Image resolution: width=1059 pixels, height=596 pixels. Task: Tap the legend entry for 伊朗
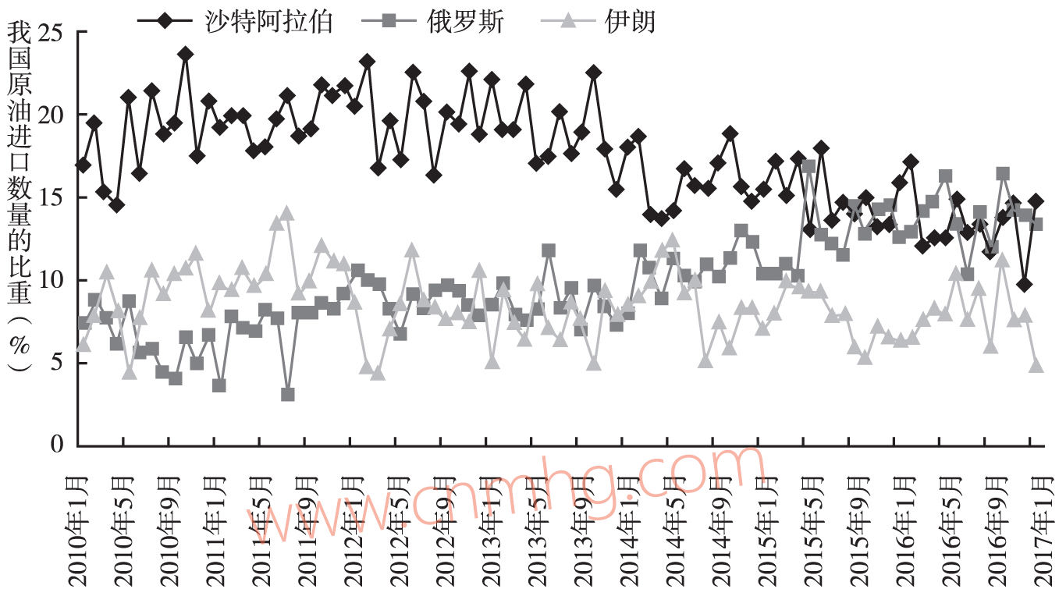coord(629,20)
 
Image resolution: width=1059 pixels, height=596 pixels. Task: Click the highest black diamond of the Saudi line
coord(185,54)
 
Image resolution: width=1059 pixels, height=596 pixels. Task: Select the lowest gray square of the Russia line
coord(287,395)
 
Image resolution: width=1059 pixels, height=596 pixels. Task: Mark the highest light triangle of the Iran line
coord(287,213)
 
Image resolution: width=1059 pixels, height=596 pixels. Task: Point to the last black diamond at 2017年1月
coord(1036,201)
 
